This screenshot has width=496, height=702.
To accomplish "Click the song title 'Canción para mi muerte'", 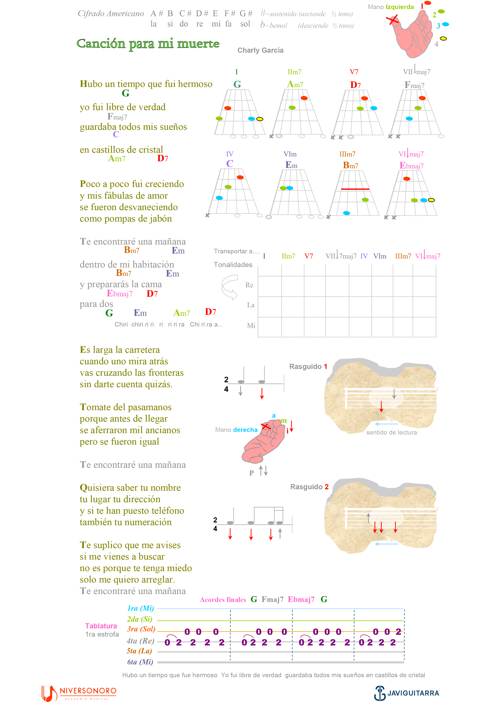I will coord(148,44).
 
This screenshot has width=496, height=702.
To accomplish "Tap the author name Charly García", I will coord(260,50).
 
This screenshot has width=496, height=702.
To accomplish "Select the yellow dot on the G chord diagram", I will coord(259,119).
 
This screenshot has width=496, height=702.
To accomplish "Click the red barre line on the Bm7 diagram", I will coord(355,189).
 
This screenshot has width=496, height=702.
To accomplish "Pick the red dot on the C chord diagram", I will coord(240,177).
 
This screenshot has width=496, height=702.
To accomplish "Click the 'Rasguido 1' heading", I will coord(308,366).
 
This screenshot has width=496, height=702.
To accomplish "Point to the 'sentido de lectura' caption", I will coord(392,432).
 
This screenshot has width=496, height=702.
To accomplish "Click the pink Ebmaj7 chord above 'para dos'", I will coord(119,294).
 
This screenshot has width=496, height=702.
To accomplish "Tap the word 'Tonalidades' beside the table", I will coord(233,265).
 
